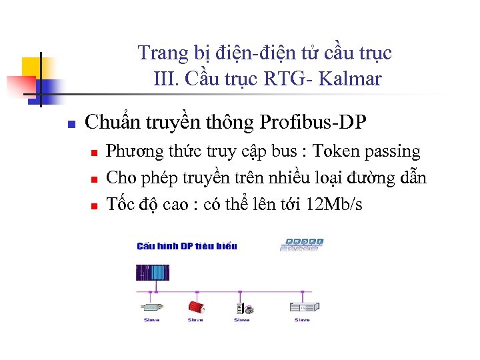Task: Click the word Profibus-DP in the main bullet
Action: point(313,123)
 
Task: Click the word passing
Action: point(393,152)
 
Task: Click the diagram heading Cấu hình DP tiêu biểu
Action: point(187,246)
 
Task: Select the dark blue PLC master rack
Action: point(153,273)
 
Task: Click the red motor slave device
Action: point(195,307)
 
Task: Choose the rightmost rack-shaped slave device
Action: point(301,307)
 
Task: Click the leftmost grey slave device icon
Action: point(152,307)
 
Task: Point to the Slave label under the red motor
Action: point(195,320)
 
